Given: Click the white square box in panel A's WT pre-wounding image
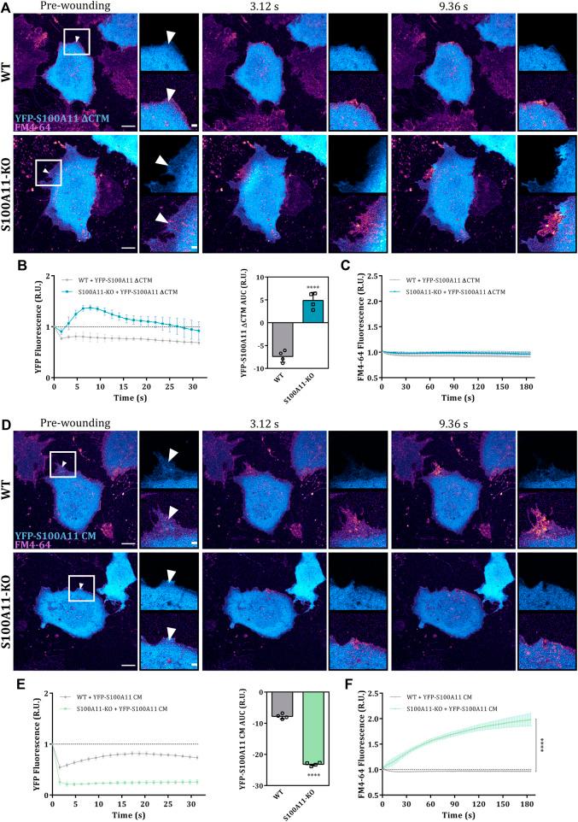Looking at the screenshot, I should [x=78, y=41].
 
